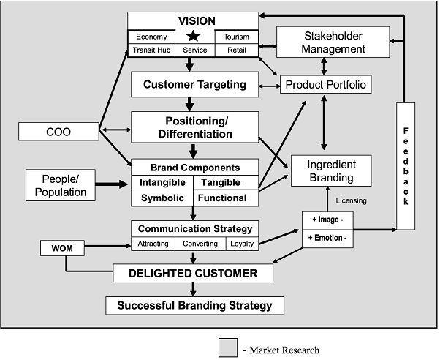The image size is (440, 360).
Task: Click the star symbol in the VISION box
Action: coord(193,36)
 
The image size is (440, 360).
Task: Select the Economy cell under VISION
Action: coord(151,37)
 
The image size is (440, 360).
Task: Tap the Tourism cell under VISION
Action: coord(236,37)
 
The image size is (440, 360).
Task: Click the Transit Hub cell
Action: coord(151,50)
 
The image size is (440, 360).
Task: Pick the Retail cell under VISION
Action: coord(236,50)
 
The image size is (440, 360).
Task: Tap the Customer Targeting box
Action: coord(194,85)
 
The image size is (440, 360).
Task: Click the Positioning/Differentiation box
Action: coord(194,127)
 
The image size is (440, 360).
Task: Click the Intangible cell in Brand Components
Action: coord(162,182)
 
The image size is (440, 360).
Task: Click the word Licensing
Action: coord(350,200)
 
